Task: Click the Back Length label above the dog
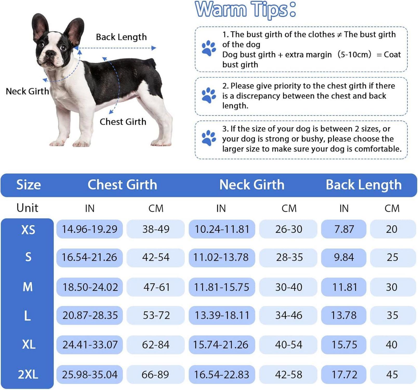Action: click(121, 37)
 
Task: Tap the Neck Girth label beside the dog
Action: click(27, 91)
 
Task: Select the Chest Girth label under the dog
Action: click(123, 122)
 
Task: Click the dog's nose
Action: click(50, 54)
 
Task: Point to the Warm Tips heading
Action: click(246, 10)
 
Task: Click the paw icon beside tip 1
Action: click(209, 48)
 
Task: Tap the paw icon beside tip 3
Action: click(209, 138)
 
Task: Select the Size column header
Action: click(29, 185)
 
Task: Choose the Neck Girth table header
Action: click(252, 185)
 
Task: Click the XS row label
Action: click(28, 230)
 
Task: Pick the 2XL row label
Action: click(28, 375)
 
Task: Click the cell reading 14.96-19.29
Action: click(90, 229)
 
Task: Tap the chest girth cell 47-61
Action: click(156, 287)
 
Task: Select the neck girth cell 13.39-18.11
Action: click(222, 315)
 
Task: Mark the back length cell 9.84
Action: click(344, 257)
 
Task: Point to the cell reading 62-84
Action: click(156, 345)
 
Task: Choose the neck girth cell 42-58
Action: click(289, 375)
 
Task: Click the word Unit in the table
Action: click(27, 208)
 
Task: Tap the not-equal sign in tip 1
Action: click(339, 35)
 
